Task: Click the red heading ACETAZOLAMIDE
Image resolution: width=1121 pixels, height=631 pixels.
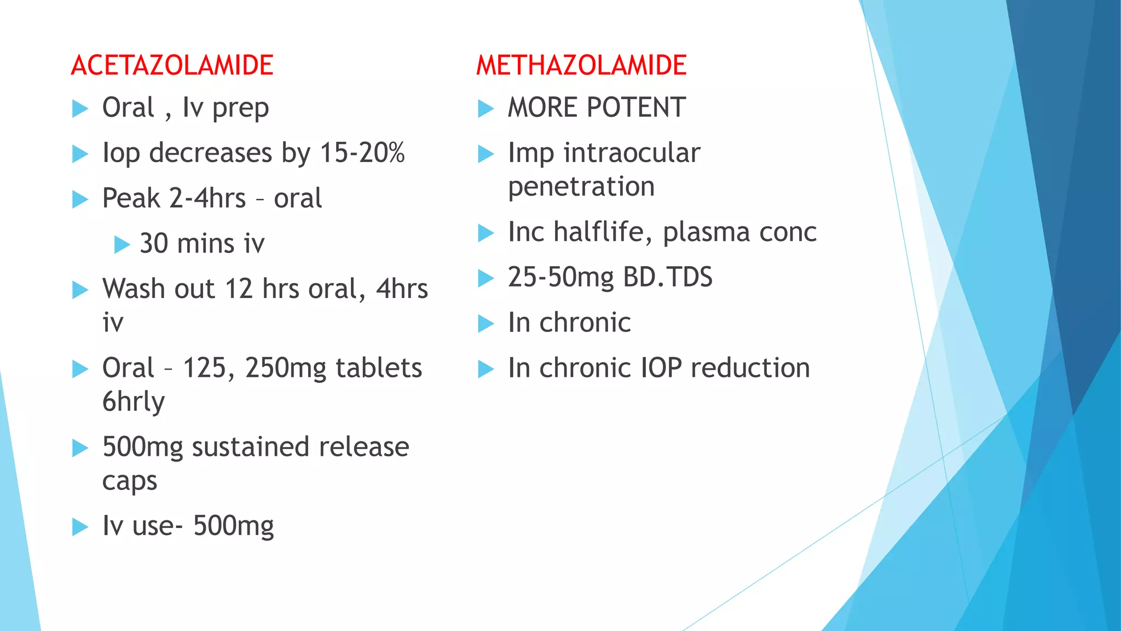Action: [x=172, y=66]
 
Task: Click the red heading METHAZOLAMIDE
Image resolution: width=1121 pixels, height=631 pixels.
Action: [x=581, y=66]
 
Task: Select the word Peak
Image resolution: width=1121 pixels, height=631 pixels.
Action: [x=131, y=198]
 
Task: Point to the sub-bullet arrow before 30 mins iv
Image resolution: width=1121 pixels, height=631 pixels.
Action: [x=122, y=244]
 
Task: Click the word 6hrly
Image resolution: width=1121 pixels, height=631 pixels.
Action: [x=134, y=402]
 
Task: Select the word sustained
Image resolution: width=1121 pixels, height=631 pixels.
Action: [x=251, y=447]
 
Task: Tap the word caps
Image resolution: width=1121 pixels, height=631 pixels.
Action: [x=130, y=481]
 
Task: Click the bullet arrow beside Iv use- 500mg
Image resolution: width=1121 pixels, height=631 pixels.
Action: [x=80, y=527]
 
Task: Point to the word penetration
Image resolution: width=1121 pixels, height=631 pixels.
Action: [x=581, y=187]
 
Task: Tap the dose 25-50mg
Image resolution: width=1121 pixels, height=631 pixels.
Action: [x=561, y=278]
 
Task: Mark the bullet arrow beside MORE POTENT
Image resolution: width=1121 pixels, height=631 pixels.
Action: [x=486, y=108]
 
